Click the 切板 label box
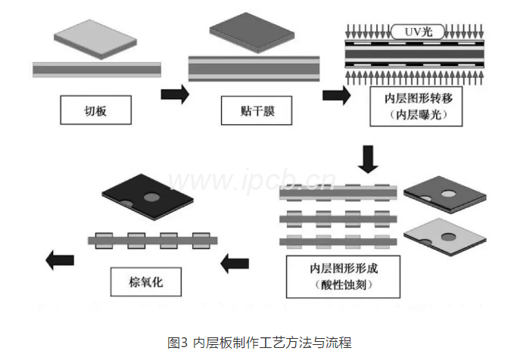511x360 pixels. tap(95, 111)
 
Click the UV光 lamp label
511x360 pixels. tap(413, 31)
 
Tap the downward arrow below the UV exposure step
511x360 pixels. tap(369, 159)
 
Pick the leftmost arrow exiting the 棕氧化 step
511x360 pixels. tap(58, 260)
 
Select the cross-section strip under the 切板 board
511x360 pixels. tap(97, 70)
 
